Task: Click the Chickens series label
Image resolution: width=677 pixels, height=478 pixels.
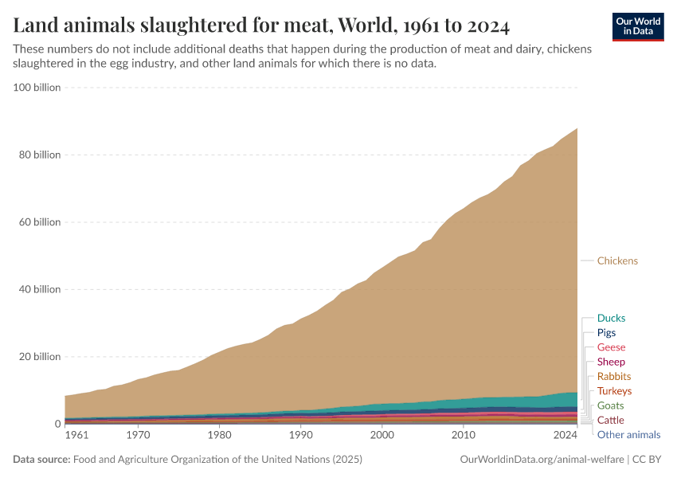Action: click(617, 261)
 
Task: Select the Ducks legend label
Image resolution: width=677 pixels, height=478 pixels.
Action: click(611, 318)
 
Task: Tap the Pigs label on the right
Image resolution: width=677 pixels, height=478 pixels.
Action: click(606, 333)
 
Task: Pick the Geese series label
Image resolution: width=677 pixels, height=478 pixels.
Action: click(611, 347)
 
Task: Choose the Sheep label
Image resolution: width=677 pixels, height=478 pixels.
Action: click(611, 362)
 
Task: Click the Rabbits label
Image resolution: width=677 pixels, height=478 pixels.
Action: click(613, 376)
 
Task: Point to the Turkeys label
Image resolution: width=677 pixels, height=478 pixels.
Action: click(614, 391)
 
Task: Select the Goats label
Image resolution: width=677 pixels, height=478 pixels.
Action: click(610, 406)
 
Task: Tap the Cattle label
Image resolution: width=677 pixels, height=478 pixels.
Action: click(611, 420)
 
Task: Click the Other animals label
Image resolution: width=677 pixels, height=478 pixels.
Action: click(628, 434)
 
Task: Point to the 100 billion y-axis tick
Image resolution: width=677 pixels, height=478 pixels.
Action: click(37, 88)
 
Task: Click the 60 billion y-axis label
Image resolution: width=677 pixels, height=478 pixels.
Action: click(40, 222)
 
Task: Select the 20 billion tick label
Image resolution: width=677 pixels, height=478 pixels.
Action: click(40, 357)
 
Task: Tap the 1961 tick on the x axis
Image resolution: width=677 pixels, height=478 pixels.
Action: click(76, 436)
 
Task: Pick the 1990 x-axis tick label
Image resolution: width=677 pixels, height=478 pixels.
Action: click(300, 436)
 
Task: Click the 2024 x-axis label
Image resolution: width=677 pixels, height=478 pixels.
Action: click(565, 436)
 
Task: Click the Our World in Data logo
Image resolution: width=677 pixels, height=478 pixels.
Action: click(637, 26)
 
